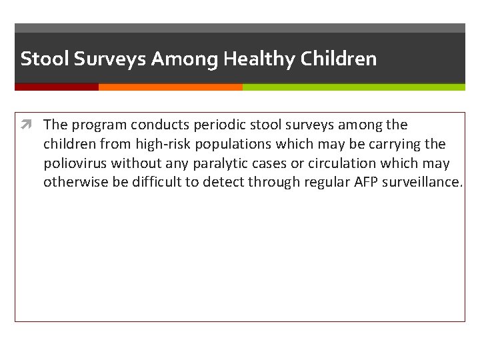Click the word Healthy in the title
[x=259, y=59]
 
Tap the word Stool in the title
[x=44, y=59]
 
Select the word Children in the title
[x=338, y=59]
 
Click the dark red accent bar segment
[x=57, y=87]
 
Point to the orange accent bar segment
[x=170, y=87]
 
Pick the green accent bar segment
[x=353, y=87]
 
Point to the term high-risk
[x=163, y=144]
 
